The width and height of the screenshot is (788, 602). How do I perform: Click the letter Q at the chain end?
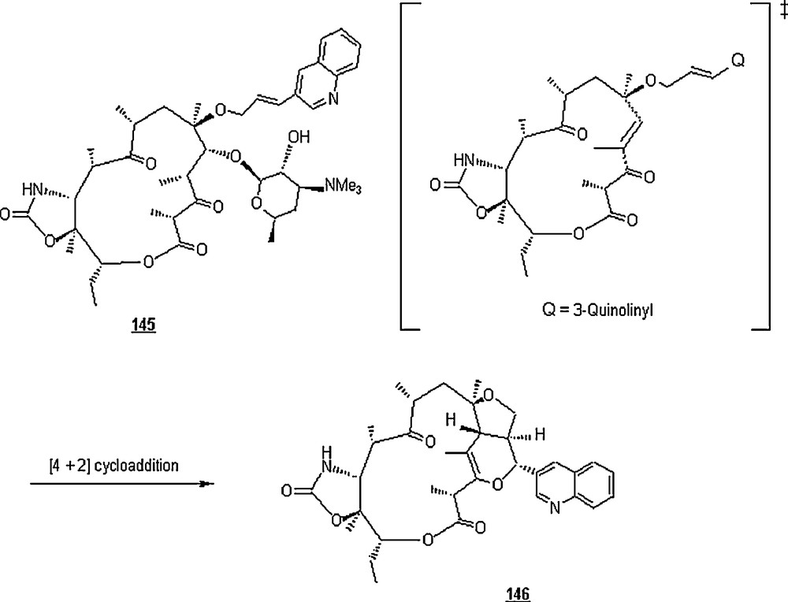(738, 61)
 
